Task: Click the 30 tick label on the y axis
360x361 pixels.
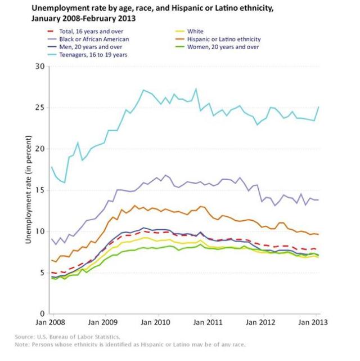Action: (x=39, y=66)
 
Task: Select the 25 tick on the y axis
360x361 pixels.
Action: (x=39, y=108)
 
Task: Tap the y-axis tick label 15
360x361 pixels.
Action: (x=39, y=190)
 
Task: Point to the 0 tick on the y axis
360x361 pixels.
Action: (x=41, y=314)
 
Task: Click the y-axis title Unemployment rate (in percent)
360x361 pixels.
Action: (x=27, y=190)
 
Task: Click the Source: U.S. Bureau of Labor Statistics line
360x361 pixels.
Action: (x=67, y=337)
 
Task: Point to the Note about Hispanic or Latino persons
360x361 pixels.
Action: (x=130, y=344)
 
